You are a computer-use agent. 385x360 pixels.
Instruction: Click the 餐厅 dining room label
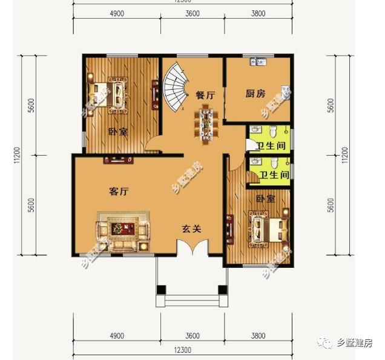(x=206, y=95)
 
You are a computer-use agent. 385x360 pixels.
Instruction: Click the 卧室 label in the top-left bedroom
(x=117, y=132)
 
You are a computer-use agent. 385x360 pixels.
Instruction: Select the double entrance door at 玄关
(x=191, y=248)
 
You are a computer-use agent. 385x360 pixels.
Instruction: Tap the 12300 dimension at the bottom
(x=183, y=351)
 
